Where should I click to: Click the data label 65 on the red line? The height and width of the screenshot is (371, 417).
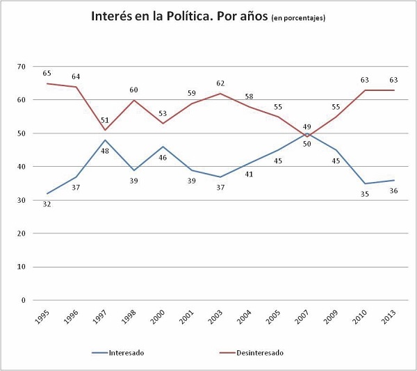coord(47,72)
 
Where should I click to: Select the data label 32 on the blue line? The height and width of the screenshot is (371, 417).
coord(47,204)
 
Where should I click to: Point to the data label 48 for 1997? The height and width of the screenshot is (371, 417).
coord(105,151)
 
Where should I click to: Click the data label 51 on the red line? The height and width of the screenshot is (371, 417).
coord(105,119)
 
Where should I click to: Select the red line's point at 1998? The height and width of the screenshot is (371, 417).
coord(134,100)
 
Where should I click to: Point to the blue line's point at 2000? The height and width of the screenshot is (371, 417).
coord(163,147)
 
